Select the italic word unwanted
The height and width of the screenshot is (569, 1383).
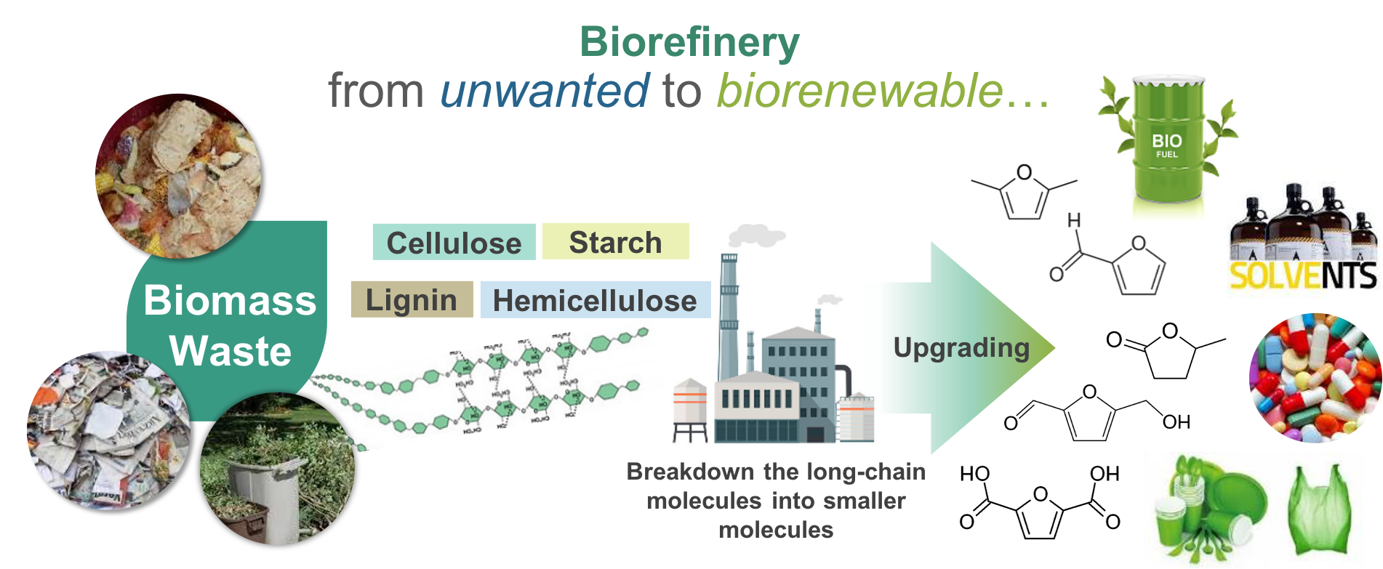point(544,91)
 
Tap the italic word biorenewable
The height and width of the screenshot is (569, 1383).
point(860,91)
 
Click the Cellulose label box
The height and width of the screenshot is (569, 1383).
point(454,243)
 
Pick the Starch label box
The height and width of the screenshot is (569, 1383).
point(615,242)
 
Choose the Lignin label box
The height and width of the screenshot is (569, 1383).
point(412,299)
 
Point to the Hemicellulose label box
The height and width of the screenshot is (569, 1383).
point(595,300)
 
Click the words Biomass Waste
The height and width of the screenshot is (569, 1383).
point(230,325)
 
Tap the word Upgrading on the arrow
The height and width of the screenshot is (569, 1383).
point(961,347)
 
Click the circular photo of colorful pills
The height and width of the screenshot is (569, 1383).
point(1315,378)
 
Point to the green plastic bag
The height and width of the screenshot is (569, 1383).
point(1320,509)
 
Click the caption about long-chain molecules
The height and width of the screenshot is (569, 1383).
point(776,501)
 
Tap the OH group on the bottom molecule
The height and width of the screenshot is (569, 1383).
point(1175,421)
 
